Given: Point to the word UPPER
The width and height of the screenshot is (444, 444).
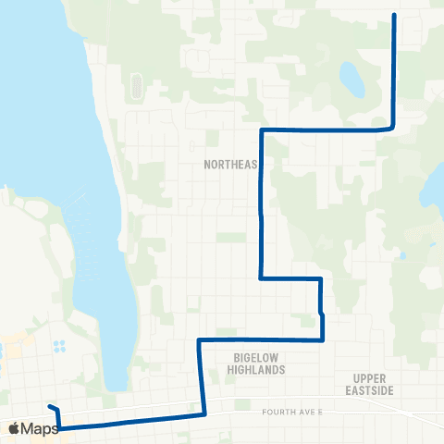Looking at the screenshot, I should [374, 378].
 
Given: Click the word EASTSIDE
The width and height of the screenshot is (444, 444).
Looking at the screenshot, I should [374, 390].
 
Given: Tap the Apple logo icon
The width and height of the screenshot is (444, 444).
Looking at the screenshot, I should [14, 428].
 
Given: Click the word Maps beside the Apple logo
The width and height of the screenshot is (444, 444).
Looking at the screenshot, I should [41, 428].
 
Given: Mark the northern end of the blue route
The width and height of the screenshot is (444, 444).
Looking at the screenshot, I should [395, 16].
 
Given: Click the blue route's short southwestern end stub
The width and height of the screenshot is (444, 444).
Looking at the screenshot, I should [51, 408].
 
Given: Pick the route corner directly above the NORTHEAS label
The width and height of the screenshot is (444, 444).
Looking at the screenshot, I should [263, 130].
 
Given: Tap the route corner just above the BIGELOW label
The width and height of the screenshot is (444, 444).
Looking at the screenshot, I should [200, 340].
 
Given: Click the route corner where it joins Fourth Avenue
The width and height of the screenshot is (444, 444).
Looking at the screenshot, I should [202, 415].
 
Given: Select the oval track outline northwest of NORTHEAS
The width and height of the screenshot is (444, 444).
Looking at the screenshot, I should [137, 86].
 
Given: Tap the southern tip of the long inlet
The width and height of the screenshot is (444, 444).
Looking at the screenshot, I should [117, 385].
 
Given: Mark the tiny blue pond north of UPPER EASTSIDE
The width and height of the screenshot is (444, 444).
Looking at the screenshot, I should [402, 255].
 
